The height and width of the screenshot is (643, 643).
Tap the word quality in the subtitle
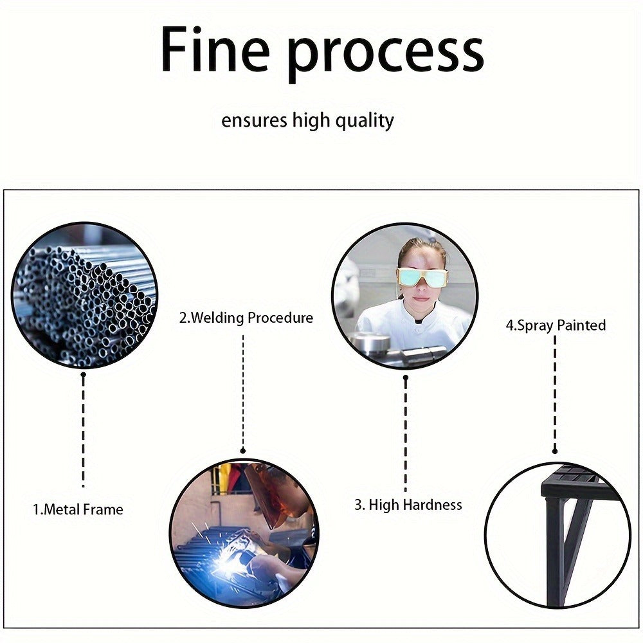(x=365, y=122)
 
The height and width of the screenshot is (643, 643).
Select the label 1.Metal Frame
(x=78, y=510)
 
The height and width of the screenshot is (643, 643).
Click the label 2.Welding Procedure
(x=246, y=318)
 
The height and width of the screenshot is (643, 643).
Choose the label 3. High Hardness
(x=408, y=505)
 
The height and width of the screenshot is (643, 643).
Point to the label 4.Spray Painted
(x=556, y=325)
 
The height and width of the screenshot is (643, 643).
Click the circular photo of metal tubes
(x=84, y=295)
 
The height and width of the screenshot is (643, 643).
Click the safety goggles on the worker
(x=422, y=278)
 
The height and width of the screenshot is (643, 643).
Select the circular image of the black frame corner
(x=557, y=535)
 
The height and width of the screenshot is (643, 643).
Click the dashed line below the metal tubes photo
(x=83, y=431)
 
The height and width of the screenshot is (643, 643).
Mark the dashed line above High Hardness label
(x=406, y=434)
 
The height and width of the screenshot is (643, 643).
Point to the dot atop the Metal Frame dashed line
(x=83, y=375)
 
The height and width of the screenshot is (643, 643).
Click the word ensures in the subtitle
(x=254, y=121)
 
